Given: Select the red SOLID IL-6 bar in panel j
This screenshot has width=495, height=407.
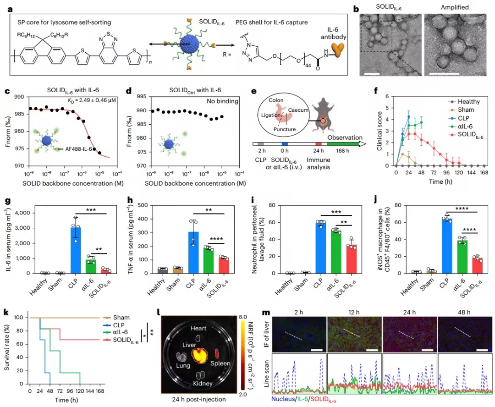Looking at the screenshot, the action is click(x=477, y=265).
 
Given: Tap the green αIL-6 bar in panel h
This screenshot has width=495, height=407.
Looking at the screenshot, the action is click(x=209, y=260).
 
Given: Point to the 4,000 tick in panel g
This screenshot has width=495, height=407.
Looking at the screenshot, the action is click(x=22, y=213).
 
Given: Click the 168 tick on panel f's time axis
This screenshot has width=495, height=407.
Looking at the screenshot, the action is click(x=484, y=172).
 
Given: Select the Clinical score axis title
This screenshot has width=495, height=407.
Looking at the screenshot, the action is click(x=379, y=131).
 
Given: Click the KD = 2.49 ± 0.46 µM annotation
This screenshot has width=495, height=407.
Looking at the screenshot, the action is click(x=92, y=100).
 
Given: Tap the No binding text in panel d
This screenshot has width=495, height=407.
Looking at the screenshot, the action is click(x=223, y=101).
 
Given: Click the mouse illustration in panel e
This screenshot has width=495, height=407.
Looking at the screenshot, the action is click(x=323, y=115).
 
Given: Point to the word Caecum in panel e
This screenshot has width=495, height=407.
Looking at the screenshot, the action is click(x=298, y=110).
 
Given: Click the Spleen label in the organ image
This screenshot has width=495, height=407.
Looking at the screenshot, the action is click(x=220, y=363).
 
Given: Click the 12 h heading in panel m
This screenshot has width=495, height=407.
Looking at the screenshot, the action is click(x=354, y=312).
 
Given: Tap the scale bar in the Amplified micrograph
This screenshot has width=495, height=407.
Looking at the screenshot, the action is click(x=444, y=74).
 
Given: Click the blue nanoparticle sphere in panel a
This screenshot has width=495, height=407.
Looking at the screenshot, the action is click(x=189, y=44).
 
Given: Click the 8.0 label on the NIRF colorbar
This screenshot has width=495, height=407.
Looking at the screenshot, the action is click(x=243, y=317).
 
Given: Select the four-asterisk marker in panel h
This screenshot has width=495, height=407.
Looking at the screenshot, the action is click(x=216, y=239).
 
